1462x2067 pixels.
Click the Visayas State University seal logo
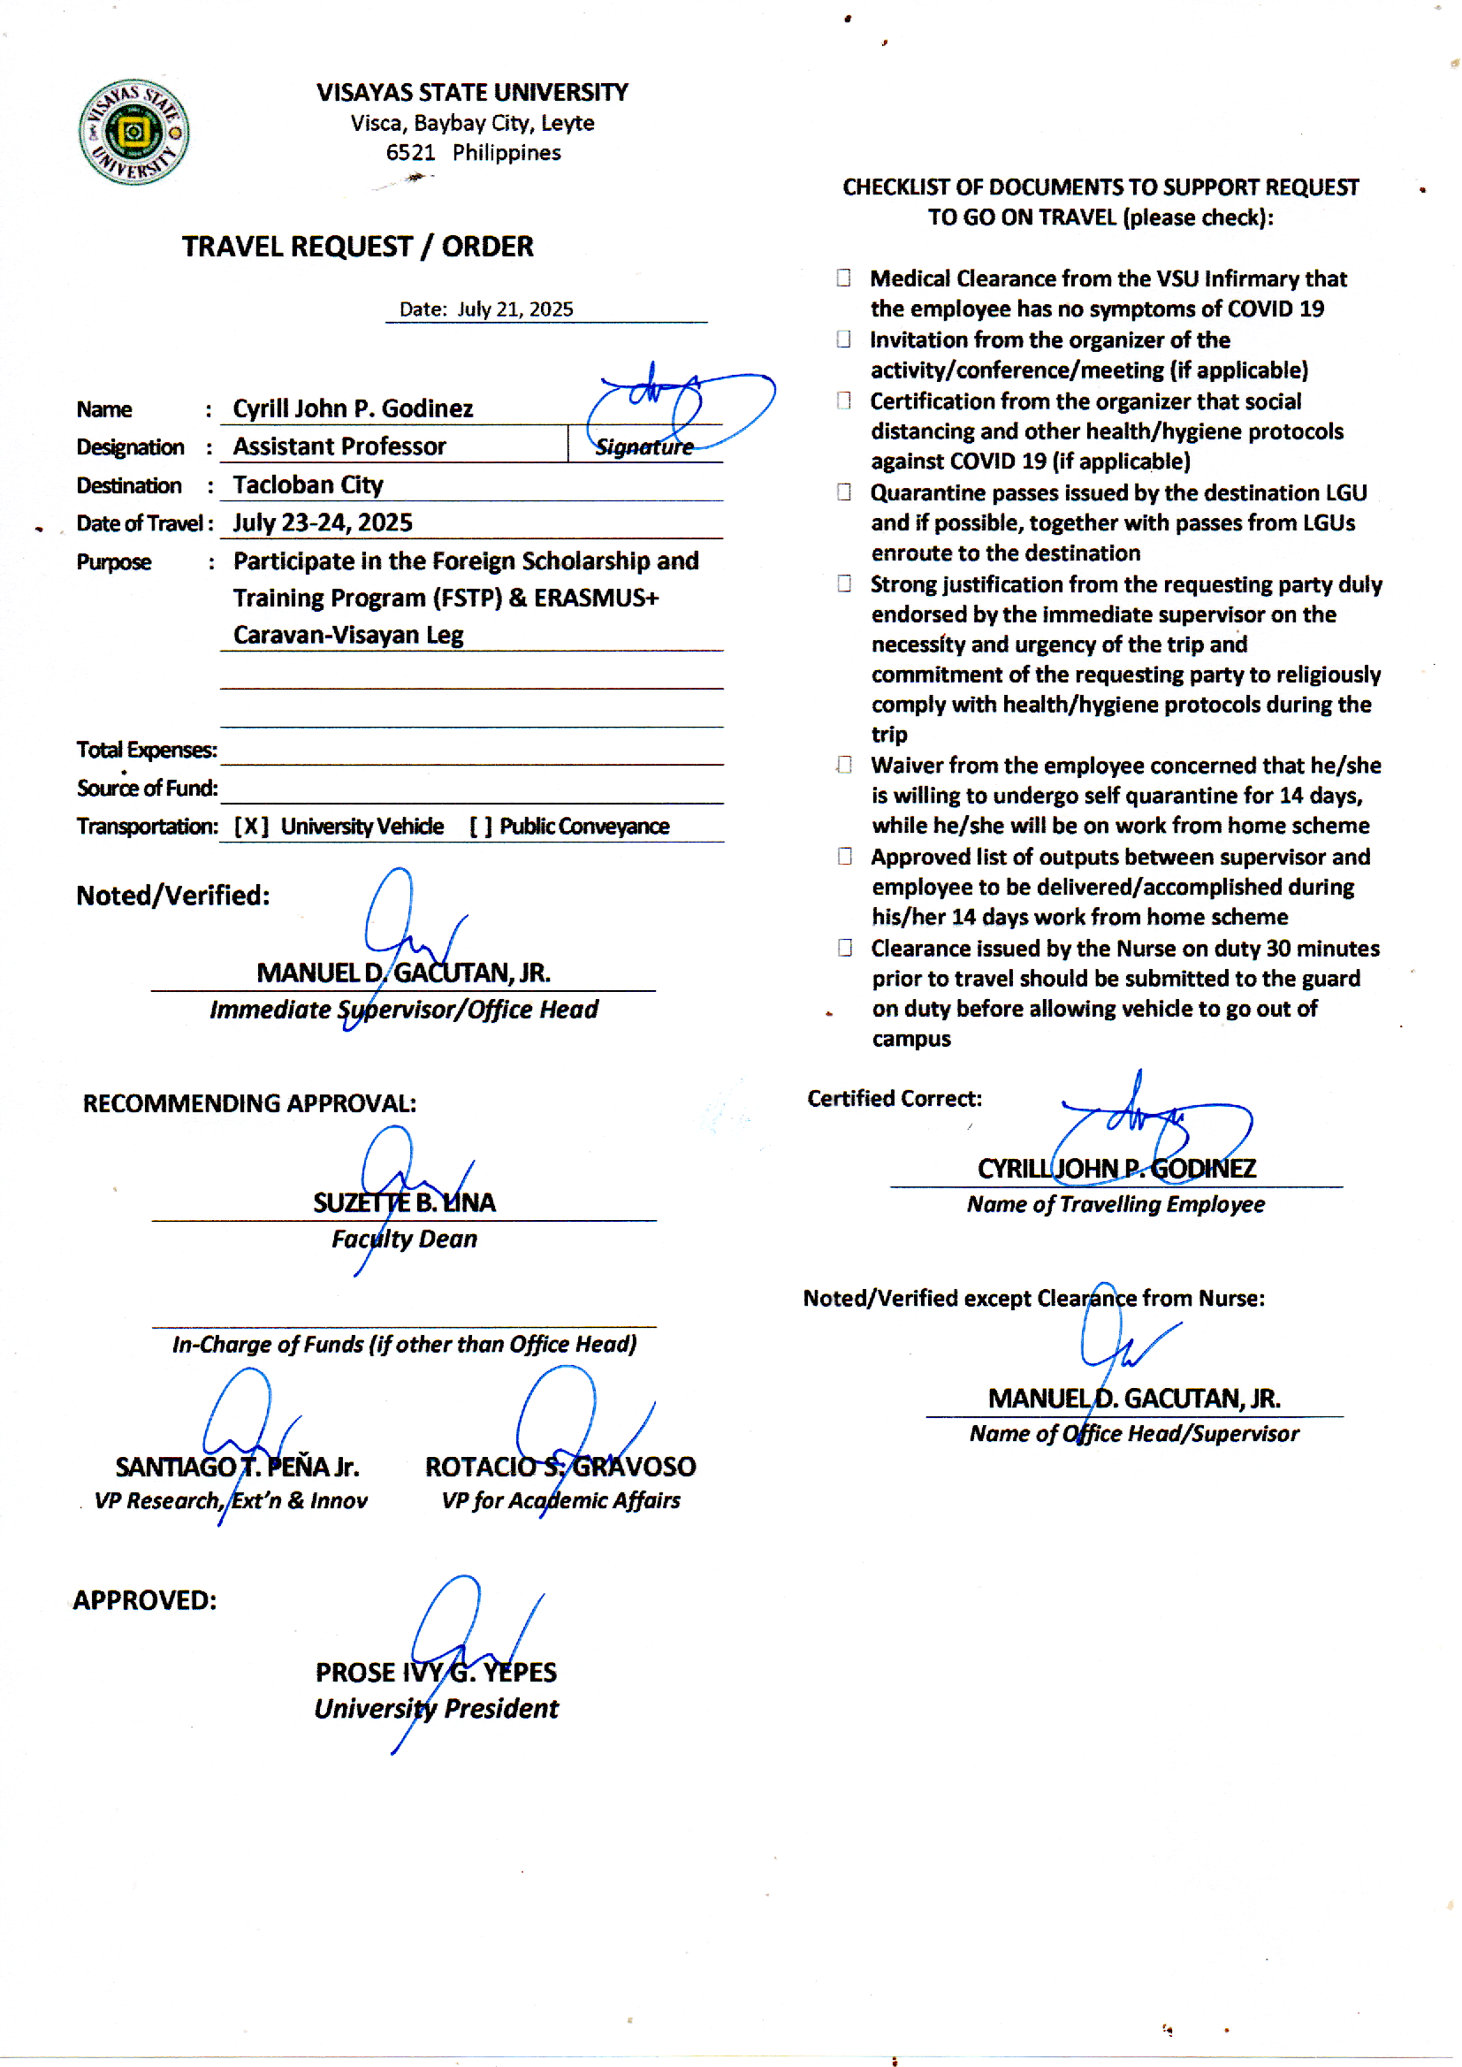pos(133,132)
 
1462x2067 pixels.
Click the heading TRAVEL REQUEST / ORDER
pos(357,247)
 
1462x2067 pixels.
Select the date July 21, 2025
pos(515,309)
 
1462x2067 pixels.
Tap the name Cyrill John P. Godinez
pos(353,408)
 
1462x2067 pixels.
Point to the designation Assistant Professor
pos(339,446)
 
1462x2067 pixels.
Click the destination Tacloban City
pos(308,485)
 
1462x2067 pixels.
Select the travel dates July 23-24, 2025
pos(323,523)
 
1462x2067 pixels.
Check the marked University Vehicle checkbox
pos(251,827)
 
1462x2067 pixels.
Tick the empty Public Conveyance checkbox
pos(481,827)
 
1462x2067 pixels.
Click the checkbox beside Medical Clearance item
pos(843,278)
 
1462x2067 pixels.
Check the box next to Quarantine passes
pos(843,492)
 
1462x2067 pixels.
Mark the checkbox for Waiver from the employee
pos(843,765)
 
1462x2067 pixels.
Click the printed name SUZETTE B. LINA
pos(404,1202)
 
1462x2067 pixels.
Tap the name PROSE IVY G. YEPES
pos(436,1673)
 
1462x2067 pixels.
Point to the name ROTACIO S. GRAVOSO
pos(560,1468)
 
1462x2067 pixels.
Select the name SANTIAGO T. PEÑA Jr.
pos(237,1468)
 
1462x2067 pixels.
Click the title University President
pos(436,1709)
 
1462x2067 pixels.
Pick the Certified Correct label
pos(894,1099)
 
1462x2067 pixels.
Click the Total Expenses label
pos(146,750)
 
